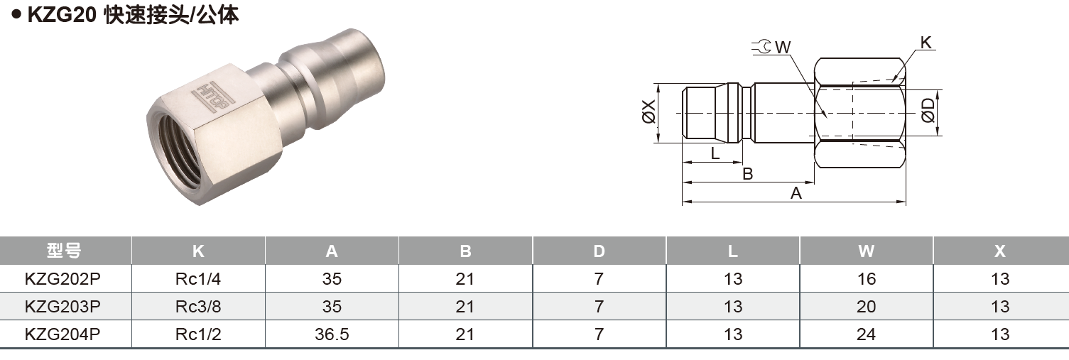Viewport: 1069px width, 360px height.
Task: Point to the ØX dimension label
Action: pos(649,114)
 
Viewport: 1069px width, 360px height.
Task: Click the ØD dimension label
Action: pos(928,112)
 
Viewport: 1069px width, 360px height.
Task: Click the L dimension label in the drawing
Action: pos(715,153)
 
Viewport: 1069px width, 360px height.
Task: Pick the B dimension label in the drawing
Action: pos(747,173)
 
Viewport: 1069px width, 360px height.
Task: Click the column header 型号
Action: pos(65,251)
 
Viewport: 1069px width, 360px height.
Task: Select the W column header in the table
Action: pos(866,251)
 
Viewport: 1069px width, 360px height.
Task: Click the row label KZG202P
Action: pos(63,279)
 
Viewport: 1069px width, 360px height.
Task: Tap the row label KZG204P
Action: pos(63,334)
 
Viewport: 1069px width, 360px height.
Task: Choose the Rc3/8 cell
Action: pos(198,307)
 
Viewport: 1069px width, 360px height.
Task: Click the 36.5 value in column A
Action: pos(332,334)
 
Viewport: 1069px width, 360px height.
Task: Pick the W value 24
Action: pos(866,334)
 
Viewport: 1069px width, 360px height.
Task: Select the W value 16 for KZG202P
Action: pos(866,279)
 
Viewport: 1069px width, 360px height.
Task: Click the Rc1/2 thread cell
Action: pos(198,334)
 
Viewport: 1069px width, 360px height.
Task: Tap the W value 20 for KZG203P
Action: pos(866,307)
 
